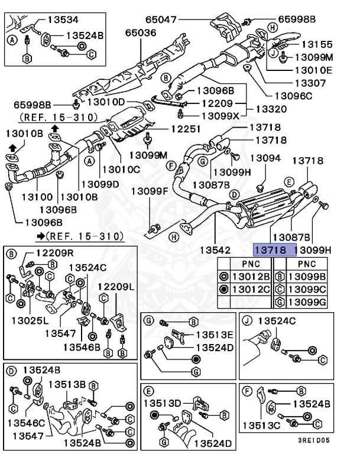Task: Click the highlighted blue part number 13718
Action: (271, 250)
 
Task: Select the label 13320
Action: (271, 109)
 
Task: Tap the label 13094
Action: (265, 158)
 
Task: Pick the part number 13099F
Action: (150, 191)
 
